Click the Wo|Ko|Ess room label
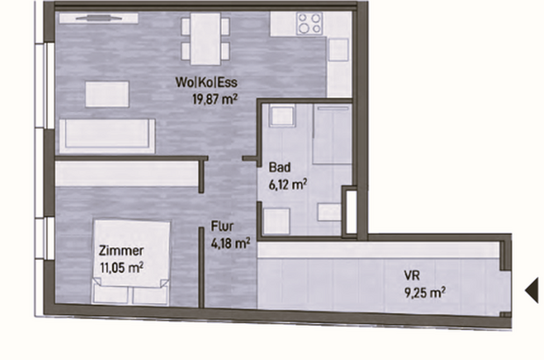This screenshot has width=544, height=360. (206, 83)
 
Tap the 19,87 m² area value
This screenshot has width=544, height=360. (215, 99)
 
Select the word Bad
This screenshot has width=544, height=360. (280, 168)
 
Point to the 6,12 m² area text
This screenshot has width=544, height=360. (288, 184)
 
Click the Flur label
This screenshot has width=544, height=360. (222, 227)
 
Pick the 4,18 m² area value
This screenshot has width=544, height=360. (231, 243)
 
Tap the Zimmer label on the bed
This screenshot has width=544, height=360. (121, 250)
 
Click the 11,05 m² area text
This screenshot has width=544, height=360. (121, 268)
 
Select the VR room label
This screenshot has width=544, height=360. (412, 276)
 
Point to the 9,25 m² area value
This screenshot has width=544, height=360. (425, 292)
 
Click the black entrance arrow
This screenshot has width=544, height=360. (532, 291)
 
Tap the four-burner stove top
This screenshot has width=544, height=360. (310, 23)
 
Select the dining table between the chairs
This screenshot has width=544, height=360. (205, 39)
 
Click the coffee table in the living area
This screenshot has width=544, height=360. (107, 94)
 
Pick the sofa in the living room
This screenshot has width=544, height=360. (107, 136)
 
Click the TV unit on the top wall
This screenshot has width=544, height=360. (98, 18)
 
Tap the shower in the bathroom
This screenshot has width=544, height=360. (333, 134)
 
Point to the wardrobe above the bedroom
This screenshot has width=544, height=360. (126, 174)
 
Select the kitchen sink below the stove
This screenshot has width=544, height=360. (339, 50)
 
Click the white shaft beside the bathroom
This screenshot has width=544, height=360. (351, 212)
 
